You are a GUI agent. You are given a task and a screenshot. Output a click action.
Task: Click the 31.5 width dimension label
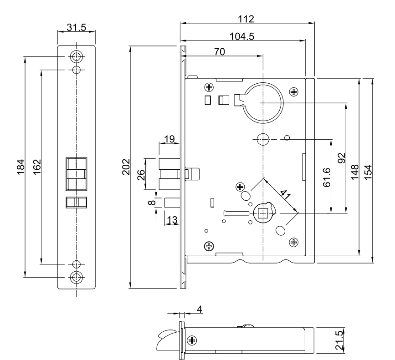point(77,27)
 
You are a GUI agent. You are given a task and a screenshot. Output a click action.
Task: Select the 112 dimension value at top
point(246,19)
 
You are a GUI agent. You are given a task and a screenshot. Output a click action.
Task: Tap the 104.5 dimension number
point(242,37)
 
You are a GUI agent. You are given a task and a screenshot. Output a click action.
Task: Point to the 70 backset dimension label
point(220,52)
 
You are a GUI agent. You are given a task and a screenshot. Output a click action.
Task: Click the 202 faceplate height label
point(126,167)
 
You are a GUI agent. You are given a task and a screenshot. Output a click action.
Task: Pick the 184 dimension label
point(21,167)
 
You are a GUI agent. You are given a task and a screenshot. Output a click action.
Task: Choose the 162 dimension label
point(37,167)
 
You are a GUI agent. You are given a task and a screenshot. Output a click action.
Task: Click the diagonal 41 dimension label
point(286,194)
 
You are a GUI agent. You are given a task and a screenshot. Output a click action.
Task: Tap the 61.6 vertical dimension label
point(327,177)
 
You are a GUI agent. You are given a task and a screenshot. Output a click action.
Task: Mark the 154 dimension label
point(368,172)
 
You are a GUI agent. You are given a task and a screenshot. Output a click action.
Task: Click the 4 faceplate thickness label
point(200,309)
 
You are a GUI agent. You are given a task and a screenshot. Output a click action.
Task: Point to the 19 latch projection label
point(169,139)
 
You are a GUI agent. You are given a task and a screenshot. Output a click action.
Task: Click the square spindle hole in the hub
point(263,213)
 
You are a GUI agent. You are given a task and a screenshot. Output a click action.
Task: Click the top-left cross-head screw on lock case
point(209,87)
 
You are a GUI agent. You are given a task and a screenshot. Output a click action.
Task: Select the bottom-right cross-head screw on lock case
point(294,243)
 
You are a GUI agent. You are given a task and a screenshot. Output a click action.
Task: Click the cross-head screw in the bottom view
point(192,340)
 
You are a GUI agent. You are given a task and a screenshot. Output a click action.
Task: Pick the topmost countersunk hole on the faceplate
point(77,56)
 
